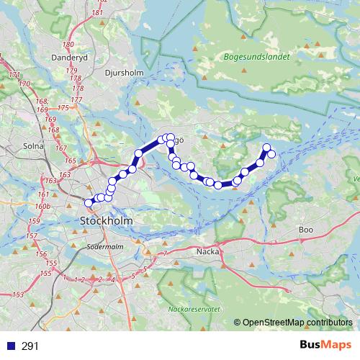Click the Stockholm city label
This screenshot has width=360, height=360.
click(107, 220)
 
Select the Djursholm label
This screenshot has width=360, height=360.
click(125, 73)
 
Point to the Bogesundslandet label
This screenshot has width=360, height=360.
click(257, 55)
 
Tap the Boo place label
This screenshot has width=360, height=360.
click(305, 230)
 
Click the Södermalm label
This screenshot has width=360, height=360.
click(106, 246)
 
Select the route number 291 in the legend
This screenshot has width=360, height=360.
click(30, 346)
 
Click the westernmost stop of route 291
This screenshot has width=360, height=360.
click(89, 204)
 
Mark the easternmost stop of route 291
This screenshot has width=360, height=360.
click(271, 154)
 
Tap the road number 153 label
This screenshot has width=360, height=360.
click(18, 295)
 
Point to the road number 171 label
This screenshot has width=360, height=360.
click(13, 74)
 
